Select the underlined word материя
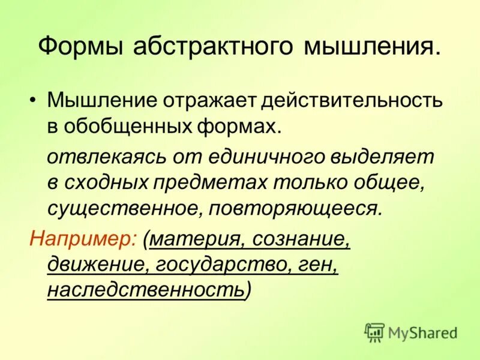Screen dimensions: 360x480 tap(194, 239)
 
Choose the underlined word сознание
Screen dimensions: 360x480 tap(301, 239)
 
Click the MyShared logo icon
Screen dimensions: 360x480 tap(374, 332)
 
